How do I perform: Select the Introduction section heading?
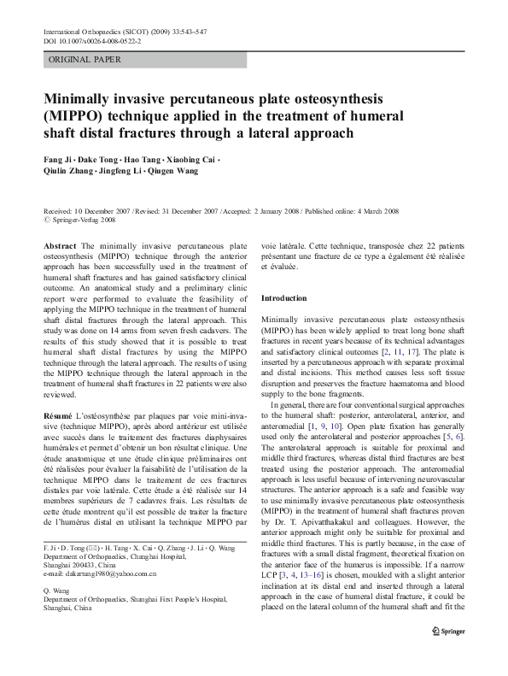[283, 298]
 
